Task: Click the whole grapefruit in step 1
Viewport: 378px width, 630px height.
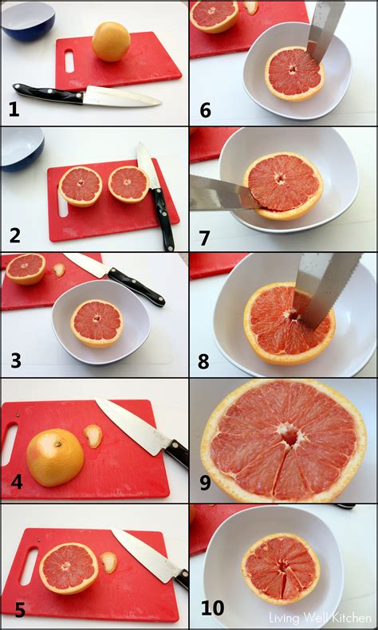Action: (111, 41)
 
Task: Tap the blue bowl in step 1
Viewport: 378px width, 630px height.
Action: (27, 19)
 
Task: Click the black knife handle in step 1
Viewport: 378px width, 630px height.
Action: (47, 93)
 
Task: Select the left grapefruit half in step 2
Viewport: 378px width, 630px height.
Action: (81, 186)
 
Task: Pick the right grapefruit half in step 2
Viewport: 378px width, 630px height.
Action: (128, 184)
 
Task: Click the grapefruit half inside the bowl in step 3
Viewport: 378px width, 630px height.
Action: (96, 322)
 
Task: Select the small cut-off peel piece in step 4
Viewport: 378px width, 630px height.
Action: (93, 435)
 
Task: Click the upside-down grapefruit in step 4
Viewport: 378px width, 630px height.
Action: (54, 457)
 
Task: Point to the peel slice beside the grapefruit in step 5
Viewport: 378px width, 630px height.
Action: (108, 562)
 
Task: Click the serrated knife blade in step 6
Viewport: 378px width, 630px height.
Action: (326, 30)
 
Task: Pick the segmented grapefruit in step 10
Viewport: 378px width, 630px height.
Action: (281, 568)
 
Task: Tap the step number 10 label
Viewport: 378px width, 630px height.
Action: (211, 608)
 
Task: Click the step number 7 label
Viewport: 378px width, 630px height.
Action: (204, 236)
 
